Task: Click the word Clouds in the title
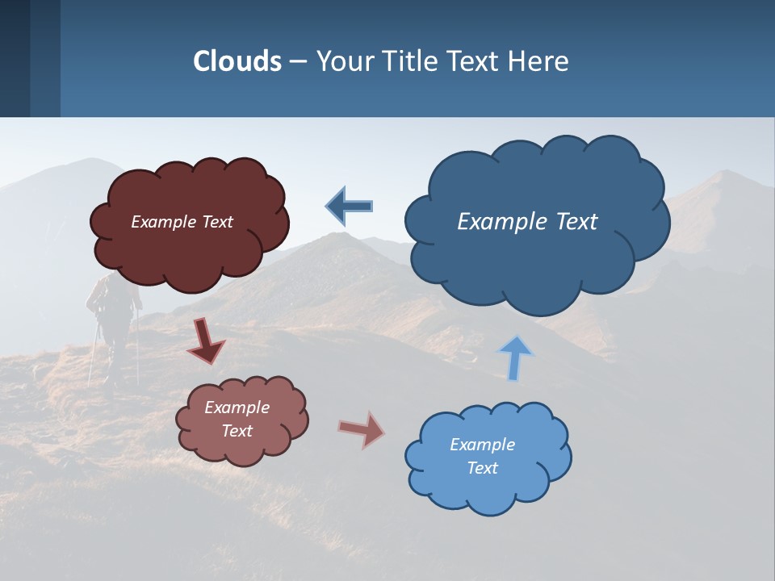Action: (x=237, y=61)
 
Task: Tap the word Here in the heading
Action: (x=539, y=61)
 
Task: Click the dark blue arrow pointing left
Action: (x=349, y=206)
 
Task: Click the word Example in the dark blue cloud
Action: (x=497, y=222)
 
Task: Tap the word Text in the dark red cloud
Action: (x=217, y=222)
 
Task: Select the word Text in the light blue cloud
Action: (x=483, y=468)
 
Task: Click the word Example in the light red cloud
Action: (x=237, y=408)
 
